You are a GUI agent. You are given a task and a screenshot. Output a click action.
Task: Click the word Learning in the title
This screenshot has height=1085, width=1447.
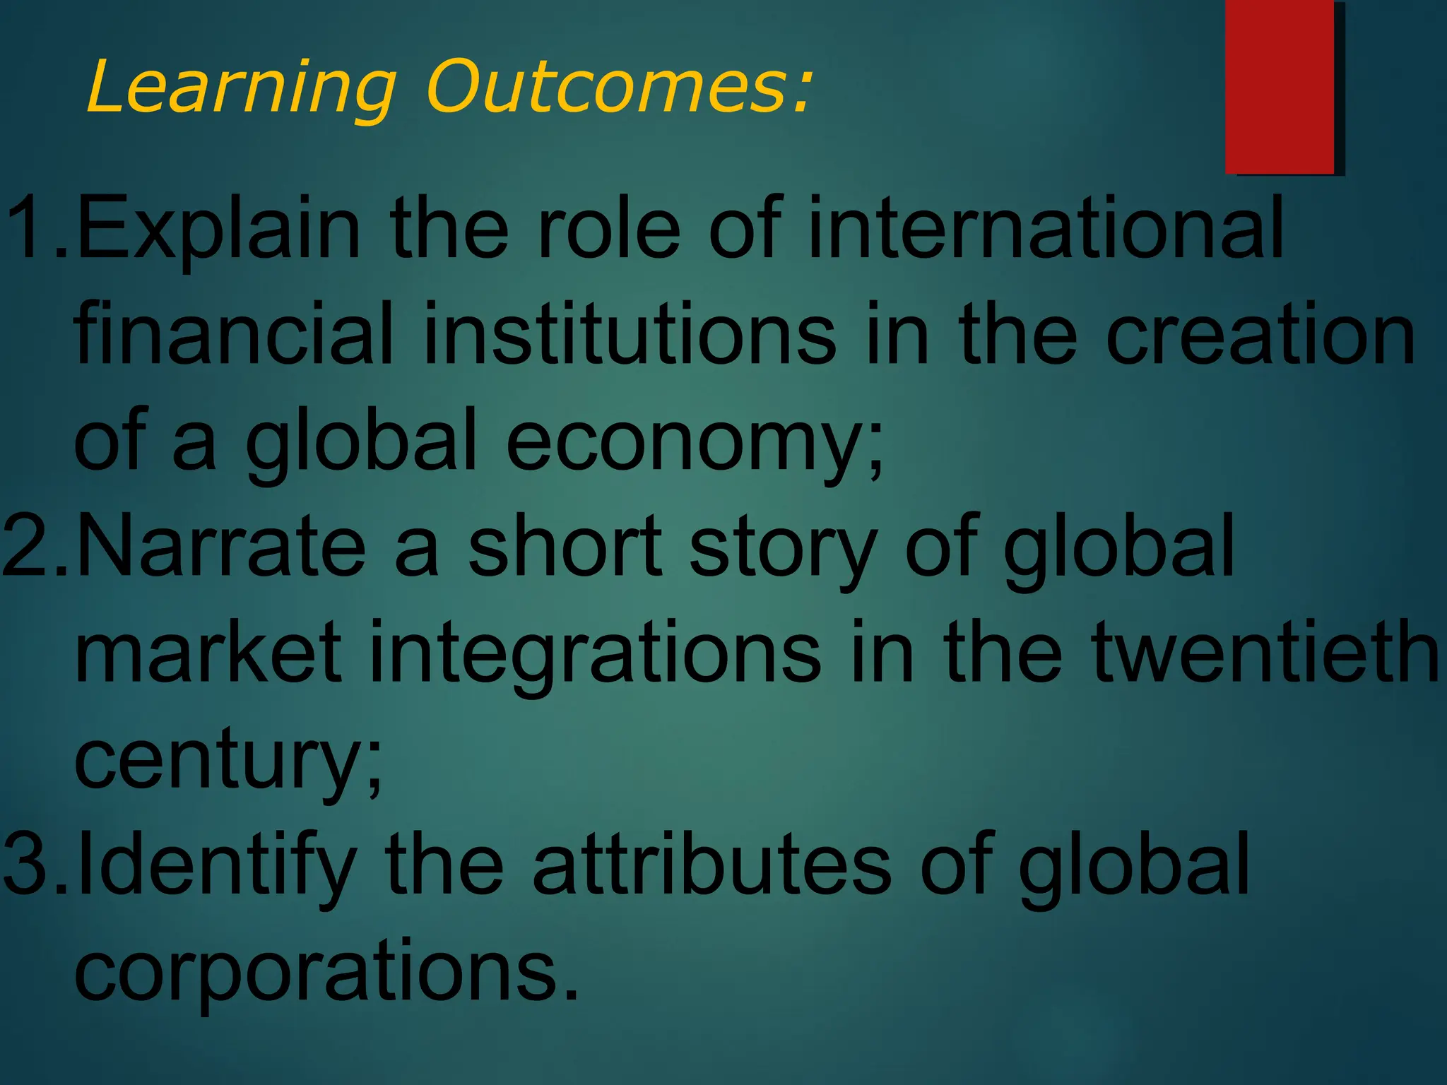(240, 88)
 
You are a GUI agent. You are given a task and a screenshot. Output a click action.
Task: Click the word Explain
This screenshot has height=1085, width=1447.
(219, 230)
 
